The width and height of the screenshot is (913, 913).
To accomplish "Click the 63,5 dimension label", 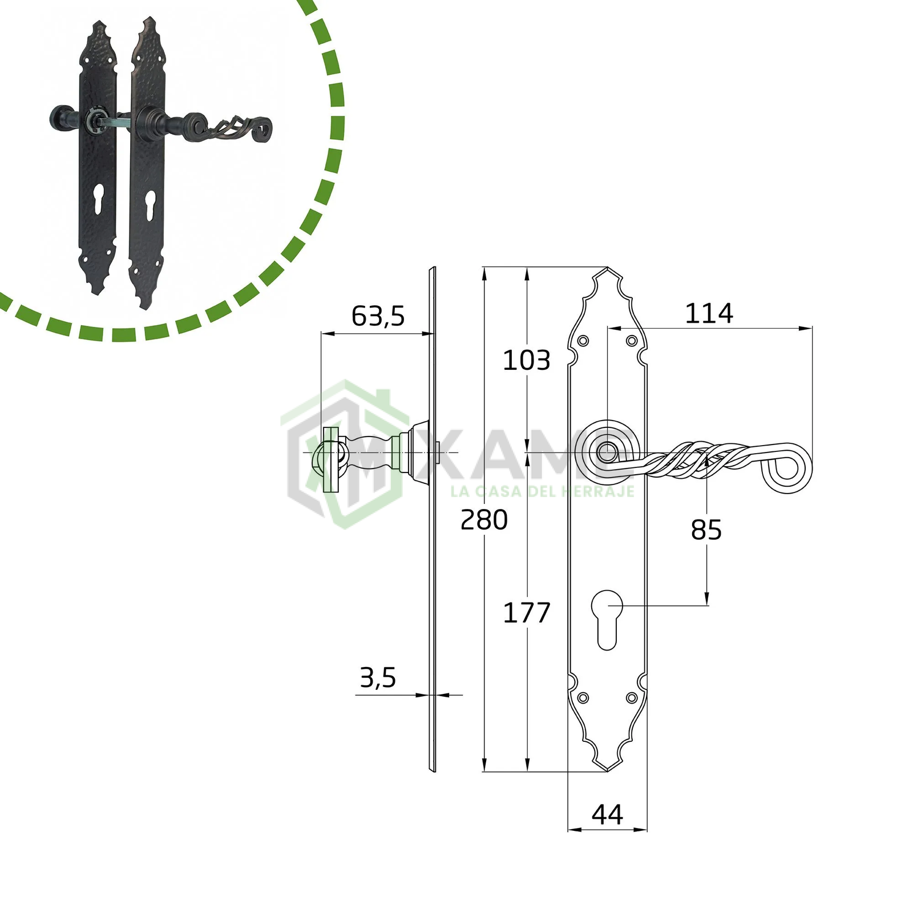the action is click(378, 316).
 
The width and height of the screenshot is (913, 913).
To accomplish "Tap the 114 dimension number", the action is click(709, 313).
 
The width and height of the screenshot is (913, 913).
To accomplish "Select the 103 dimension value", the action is click(526, 360).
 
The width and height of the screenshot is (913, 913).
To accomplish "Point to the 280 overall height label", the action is click(484, 519).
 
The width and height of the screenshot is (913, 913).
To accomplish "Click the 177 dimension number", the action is click(526, 612).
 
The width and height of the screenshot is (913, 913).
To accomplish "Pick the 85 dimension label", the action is click(706, 530).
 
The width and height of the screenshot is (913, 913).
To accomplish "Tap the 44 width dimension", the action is click(607, 814).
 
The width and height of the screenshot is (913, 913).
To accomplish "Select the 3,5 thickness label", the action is click(378, 677).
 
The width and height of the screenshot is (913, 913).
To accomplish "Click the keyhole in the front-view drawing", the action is click(607, 620).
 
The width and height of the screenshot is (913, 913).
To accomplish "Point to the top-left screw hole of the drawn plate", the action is click(583, 341).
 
